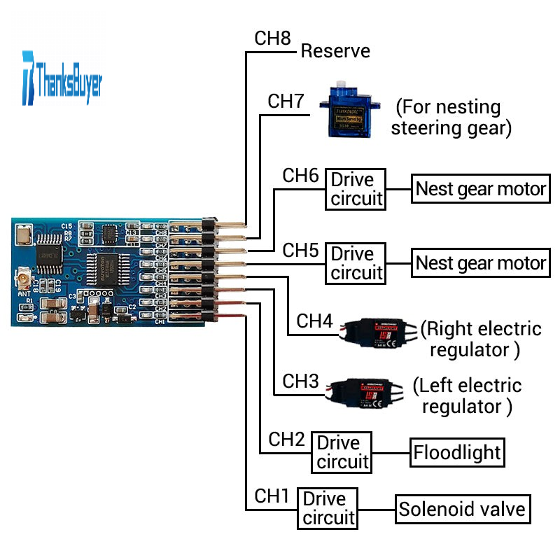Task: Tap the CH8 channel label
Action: [272, 38]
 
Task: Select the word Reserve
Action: [335, 51]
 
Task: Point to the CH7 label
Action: [286, 101]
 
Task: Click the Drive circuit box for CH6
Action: [357, 189]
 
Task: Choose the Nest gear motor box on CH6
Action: [480, 189]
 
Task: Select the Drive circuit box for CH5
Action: [357, 263]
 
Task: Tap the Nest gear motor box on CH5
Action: [480, 263]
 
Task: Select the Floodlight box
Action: [457, 452]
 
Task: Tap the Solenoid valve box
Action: [462, 509]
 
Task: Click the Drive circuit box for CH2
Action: [342, 452]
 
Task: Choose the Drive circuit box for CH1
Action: [328, 508]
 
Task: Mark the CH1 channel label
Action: [272, 496]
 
